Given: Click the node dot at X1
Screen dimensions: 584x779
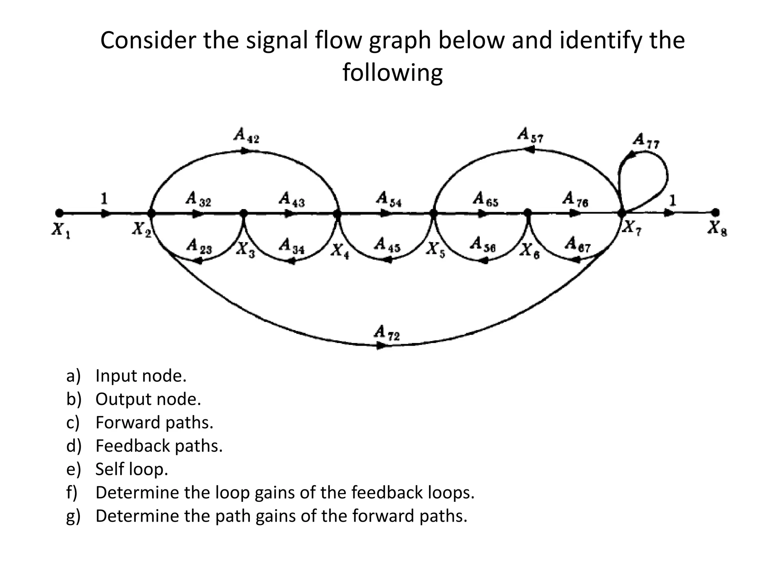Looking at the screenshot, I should (59, 213).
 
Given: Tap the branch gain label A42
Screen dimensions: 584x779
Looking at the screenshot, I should (246, 135).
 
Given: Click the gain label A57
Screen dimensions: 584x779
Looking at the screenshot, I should (531, 135).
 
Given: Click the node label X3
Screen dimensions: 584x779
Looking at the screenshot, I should (245, 249).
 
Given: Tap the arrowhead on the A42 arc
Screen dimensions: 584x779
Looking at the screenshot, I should (246, 151).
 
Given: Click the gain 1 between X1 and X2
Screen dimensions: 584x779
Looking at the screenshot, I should (103, 198).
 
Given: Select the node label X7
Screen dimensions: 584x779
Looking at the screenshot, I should (632, 228).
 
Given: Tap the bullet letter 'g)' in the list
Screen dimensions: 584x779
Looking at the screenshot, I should (73, 516).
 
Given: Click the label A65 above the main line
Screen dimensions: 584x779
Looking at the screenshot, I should (485, 199).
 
